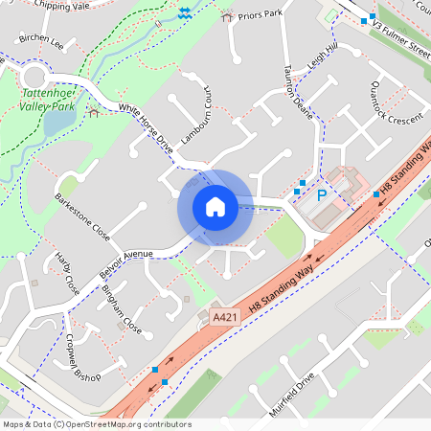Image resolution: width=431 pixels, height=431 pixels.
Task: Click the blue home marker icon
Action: click(215, 207)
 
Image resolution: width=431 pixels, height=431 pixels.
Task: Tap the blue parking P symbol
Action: click(322, 194)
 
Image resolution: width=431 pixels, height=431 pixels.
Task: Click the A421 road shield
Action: click(223, 316)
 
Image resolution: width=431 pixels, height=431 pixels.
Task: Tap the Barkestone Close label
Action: click(82, 215)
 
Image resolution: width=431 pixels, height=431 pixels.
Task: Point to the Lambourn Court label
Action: click(196, 120)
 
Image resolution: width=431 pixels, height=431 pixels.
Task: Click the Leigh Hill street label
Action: click(324, 56)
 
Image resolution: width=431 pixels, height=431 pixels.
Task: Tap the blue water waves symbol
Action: click(184, 11)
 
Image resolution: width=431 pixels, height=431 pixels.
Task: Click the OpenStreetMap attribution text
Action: click(96, 424)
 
